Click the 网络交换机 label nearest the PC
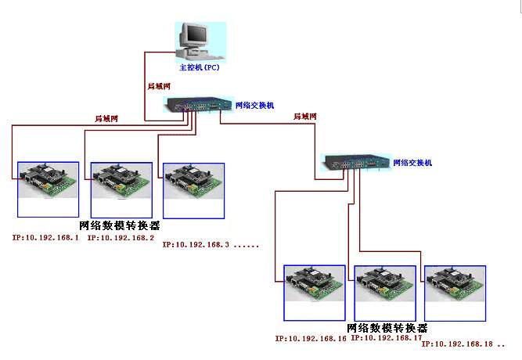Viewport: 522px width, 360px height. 254,104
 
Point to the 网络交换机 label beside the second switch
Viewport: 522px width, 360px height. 412,163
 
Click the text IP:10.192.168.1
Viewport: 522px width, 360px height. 45,236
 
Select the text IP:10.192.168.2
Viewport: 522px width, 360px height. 121,236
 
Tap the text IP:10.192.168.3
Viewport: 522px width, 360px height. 196,244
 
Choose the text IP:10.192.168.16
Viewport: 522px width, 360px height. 311,338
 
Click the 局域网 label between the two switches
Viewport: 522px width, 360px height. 304,117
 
